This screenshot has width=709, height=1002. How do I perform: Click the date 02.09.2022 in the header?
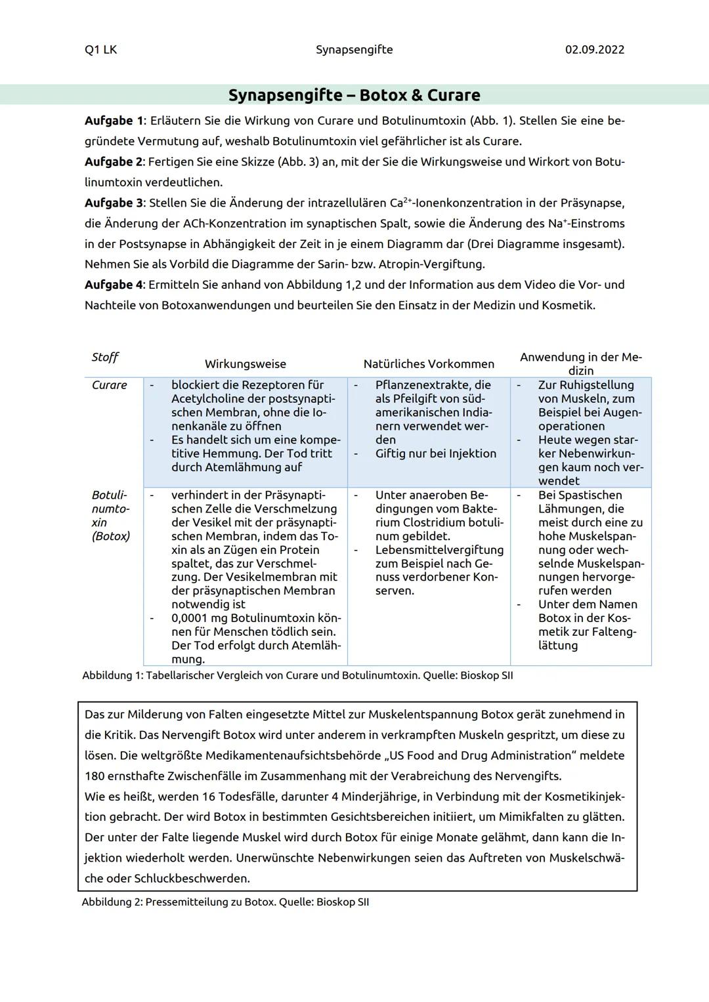[x=594, y=50]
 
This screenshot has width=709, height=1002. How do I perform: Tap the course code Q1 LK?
[x=100, y=50]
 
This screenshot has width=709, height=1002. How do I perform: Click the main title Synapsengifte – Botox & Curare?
[x=354, y=95]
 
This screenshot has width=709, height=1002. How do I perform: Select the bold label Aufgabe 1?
[x=114, y=121]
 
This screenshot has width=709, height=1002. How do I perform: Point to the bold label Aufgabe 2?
[x=114, y=161]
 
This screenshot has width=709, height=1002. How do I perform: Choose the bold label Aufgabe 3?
[x=114, y=203]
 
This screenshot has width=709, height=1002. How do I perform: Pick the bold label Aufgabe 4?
[x=114, y=285]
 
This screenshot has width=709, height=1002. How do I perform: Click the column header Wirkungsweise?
[x=245, y=364]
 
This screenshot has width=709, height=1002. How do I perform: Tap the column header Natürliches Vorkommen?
[x=429, y=364]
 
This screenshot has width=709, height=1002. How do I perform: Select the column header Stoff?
[x=104, y=357]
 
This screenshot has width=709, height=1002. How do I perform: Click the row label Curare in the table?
[x=109, y=385]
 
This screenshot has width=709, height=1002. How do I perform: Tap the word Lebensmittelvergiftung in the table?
[x=439, y=550]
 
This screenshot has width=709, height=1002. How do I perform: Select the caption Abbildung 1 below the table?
[x=111, y=675]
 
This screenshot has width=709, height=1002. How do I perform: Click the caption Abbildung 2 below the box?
[x=111, y=902]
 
